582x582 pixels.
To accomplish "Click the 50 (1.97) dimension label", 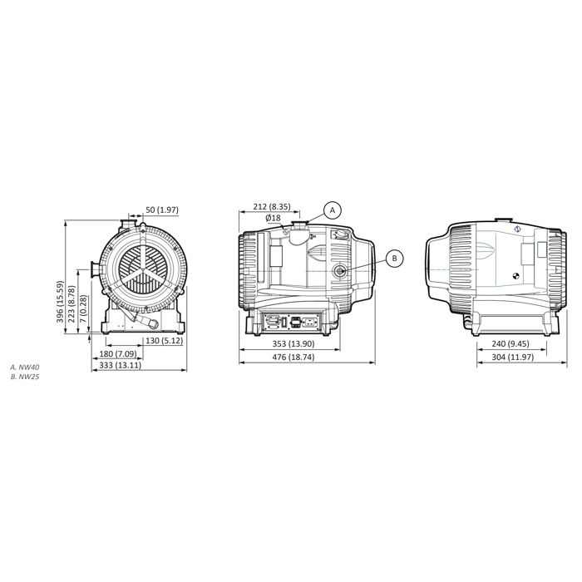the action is click(x=162, y=210).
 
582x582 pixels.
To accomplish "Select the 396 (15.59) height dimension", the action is click(x=60, y=302).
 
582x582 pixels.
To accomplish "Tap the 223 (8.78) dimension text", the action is click(x=72, y=304).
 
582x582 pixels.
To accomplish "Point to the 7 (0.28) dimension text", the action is click(x=83, y=308).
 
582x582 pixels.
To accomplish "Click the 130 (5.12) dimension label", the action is click(x=164, y=340).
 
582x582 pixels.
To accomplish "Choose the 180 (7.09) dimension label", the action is click(x=118, y=353).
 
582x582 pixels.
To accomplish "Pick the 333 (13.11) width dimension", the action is click(x=121, y=365).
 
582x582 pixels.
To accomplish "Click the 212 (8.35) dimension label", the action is click(x=272, y=206).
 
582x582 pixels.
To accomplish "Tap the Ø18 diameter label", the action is click(x=274, y=218).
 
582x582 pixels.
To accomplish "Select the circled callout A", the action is click(x=333, y=210).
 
